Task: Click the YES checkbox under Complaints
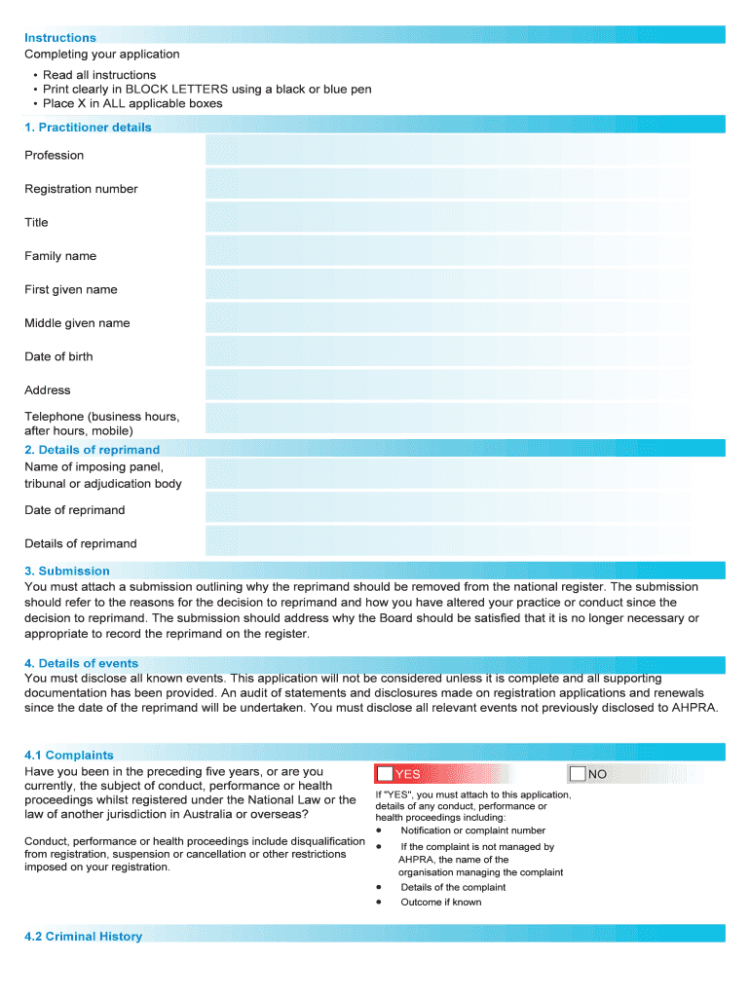tap(386, 774)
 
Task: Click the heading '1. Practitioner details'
tap(88, 128)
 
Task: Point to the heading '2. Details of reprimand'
tap(92, 450)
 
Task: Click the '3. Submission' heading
tap(67, 571)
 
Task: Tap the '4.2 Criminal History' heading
tap(83, 937)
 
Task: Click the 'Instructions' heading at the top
tap(60, 38)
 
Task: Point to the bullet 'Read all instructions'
tap(98, 75)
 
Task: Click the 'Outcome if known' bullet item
tap(440, 903)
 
